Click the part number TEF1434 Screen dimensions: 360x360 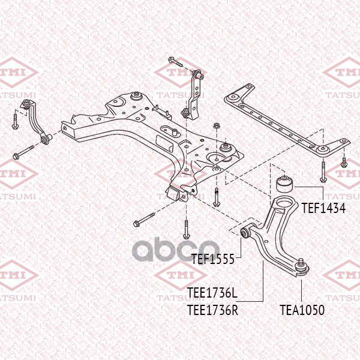tap(323, 208)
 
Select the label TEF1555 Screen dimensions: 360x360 tap(213, 259)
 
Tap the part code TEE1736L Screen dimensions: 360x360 tap(212, 293)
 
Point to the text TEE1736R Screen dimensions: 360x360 tap(212, 310)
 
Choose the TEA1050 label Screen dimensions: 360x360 tap(302, 310)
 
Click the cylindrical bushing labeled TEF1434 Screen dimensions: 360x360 tap(284, 184)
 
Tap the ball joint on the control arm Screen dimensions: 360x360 tap(302, 267)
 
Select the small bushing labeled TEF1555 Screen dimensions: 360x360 tap(245, 233)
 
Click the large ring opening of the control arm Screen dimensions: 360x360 tap(284, 203)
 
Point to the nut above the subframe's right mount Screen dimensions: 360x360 tap(216, 126)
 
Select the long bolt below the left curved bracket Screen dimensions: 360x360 tap(23, 152)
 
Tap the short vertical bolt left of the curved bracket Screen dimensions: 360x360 tap(15, 122)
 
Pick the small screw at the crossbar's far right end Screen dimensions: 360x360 tap(344, 163)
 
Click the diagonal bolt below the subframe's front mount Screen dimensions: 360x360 tap(144, 220)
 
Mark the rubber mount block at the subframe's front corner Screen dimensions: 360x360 tap(175, 194)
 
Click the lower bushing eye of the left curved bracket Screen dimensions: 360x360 tap(46, 139)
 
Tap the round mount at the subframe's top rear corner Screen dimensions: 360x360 tap(136, 96)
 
